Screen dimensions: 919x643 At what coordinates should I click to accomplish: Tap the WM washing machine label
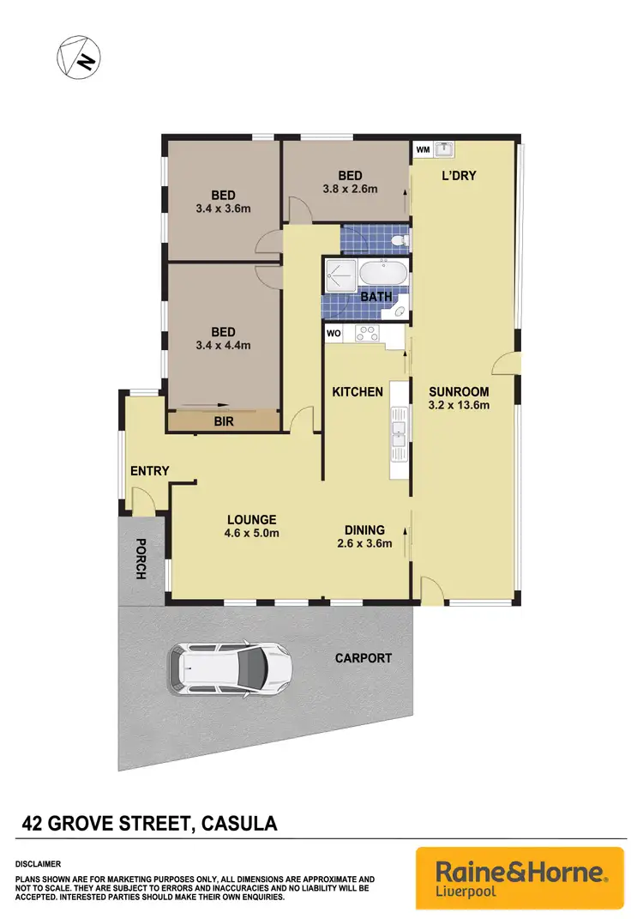coord(423,149)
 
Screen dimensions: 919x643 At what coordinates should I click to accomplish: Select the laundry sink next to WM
coord(444,149)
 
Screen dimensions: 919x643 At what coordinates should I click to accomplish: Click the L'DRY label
coord(459,176)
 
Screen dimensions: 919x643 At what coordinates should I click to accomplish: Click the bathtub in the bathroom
coord(382,275)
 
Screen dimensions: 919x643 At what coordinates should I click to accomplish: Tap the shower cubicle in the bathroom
coord(339,275)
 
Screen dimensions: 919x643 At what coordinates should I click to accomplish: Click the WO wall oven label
coord(334,331)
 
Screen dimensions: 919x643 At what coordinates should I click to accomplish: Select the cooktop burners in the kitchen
coord(368,333)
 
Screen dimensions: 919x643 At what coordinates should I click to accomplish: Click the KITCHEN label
coord(358,392)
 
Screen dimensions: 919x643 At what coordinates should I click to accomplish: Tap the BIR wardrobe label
coord(223,422)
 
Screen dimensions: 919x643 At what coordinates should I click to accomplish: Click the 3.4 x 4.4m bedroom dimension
coord(223,347)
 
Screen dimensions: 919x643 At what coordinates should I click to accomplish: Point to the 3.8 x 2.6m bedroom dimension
coord(350,190)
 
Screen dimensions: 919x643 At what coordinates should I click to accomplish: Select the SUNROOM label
coord(459,391)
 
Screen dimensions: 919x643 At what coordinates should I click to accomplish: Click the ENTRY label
coord(149,471)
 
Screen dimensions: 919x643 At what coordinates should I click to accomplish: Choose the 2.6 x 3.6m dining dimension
coord(364,543)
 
